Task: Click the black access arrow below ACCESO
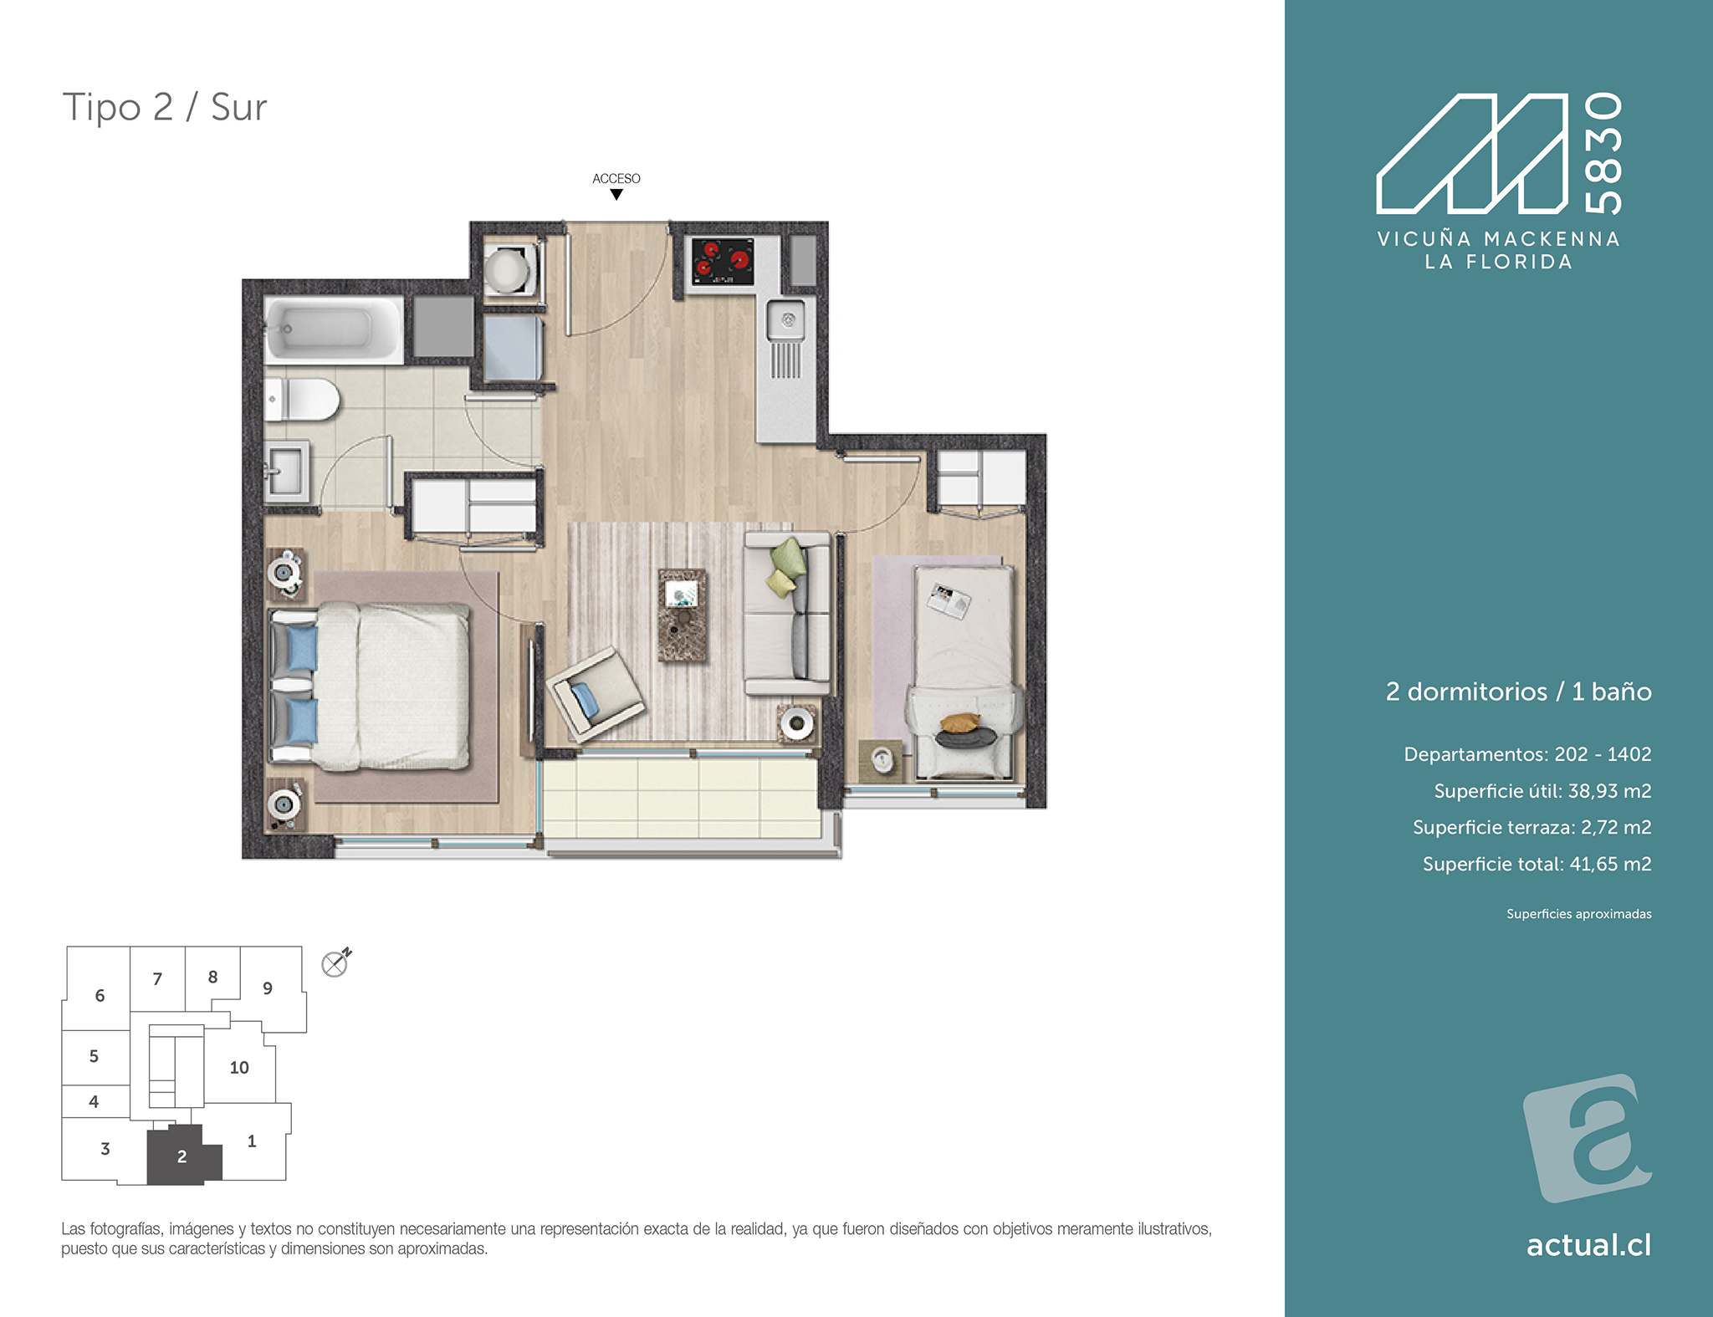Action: coord(616,195)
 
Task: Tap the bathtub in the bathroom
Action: coord(333,329)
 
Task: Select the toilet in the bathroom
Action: coord(301,399)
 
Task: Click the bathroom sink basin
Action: coord(286,472)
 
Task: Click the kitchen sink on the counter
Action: coord(786,320)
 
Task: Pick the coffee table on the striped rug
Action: coord(682,615)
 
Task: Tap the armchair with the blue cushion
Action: coord(595,693)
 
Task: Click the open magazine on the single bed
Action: coord(949,600)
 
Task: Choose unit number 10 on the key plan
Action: coord(239,1068)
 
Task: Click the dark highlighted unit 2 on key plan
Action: coord(182,1156)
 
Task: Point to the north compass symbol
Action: coord(336,963)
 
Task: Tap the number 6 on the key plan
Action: coord(100,996)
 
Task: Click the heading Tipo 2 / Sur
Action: coord(165,108)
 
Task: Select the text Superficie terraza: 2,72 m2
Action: coord(1532,827)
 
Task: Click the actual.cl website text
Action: coord(1589,1245)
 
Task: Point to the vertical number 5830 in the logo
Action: coord(1604,153)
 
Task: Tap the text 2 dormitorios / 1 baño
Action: coord(1519,692)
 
